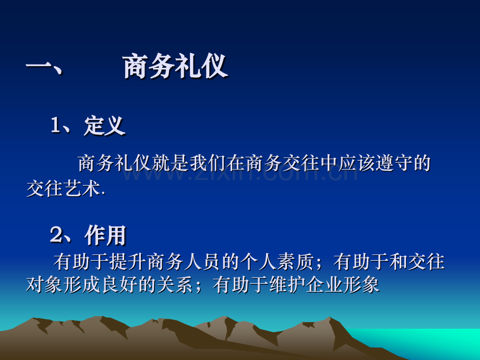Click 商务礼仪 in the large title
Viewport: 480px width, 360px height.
(x=175, y=66)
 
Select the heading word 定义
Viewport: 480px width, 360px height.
(x=105, y=126)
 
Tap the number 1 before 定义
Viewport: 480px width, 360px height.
(x=55, y=125)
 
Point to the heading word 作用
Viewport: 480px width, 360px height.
(x=105, y=235)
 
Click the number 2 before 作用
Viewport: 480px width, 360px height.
(x=56, y=235)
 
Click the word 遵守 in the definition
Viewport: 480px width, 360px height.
(x=393, y=163)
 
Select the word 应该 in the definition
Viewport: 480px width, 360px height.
(x=356, y=163)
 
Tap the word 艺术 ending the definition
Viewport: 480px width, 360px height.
(x=82, y=188)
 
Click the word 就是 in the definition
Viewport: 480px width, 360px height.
(x=170, y=163)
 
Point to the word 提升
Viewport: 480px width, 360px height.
(x=128, y=262)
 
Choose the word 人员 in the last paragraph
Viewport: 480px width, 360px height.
(x=202, y=262)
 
